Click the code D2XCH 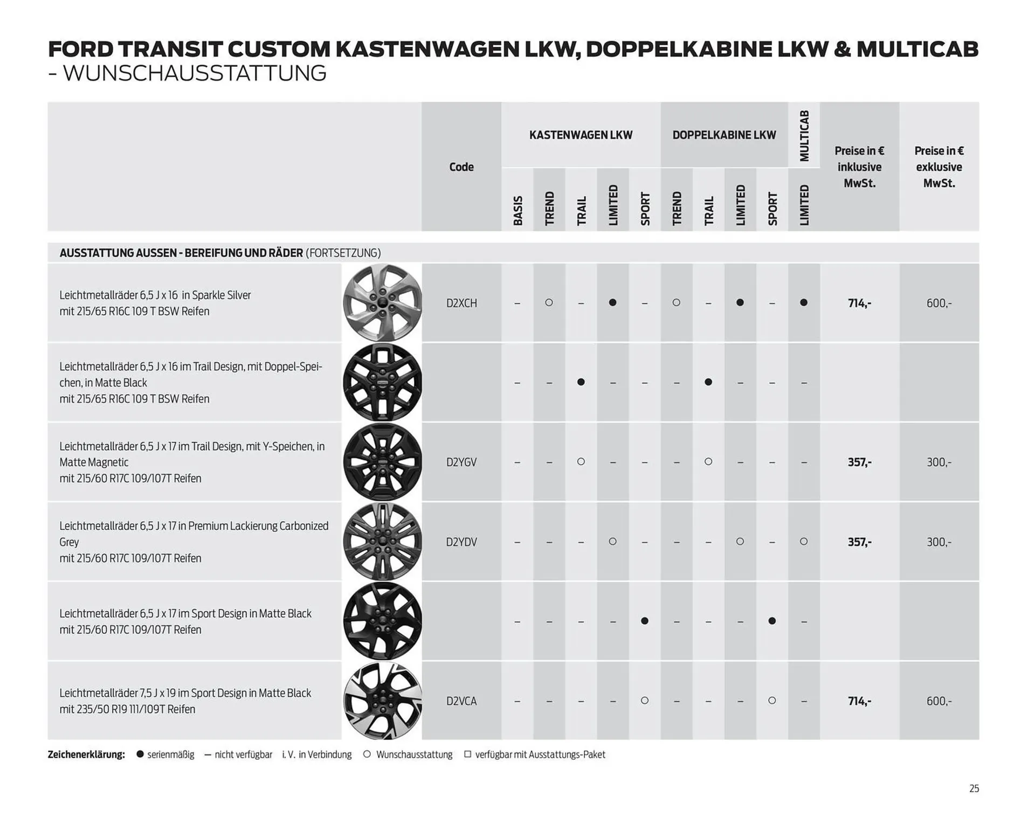coord(461,303)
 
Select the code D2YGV coord(461,462)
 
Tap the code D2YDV coord(461,542)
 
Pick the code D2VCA coord(461,701)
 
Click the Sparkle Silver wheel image coord(382,303)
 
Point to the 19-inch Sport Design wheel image coord(382,701)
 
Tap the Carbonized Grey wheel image coord(382,542)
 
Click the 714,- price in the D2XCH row coord(859,303)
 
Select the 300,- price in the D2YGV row coord(939,462)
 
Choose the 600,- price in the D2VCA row coord(939,701)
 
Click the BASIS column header coord(517,210)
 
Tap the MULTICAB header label coord(804,136)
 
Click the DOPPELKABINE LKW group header coord(724,135)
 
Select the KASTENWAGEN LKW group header coord(581,135)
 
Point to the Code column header coord(461,167)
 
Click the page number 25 coord(974,789)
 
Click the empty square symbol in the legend coord(467,755)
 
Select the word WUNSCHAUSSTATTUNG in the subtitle coord(195,73)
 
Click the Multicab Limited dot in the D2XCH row coord(804,303)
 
